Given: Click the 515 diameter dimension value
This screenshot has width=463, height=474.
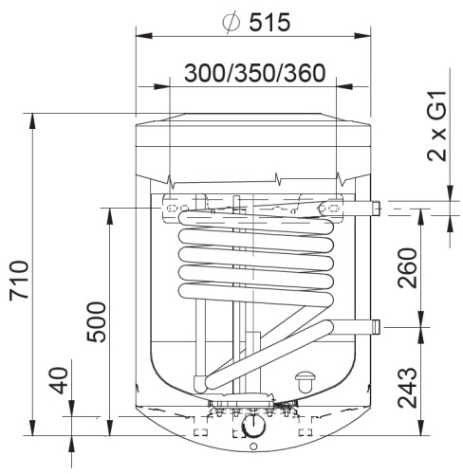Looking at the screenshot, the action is point(269,23).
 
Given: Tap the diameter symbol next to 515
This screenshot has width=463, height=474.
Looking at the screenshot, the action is point(231,23).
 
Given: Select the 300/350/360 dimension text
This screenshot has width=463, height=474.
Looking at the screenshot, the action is point(255,73).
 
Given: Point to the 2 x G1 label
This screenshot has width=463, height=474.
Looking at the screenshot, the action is point(437,126).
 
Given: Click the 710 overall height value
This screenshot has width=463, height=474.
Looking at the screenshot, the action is point(20,280).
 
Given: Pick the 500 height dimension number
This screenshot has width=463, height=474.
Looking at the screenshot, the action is point(96,322).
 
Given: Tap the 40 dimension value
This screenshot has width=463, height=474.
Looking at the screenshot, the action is point(60,380).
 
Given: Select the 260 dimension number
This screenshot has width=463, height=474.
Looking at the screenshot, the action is point(407,268).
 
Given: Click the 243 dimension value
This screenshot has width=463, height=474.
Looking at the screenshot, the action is point(407,388).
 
